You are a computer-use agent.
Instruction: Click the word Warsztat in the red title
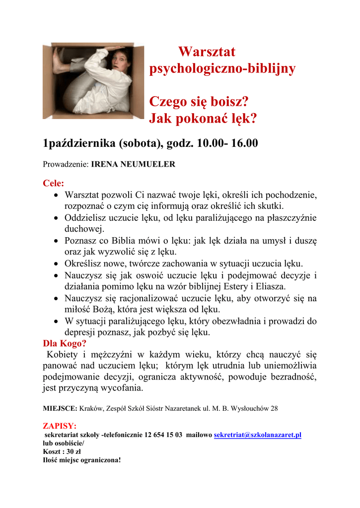click(x=207, y=52)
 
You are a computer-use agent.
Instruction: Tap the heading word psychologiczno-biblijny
click(x=222, y=68)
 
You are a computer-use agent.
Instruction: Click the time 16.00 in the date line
click(x=244, y=144)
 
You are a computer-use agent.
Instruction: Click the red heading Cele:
click(x=54, y=183)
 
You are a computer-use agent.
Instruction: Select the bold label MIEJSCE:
click(x=60, y=409)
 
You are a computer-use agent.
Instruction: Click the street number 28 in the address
click(x=273, y=409)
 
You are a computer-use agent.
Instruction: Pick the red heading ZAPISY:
click(x=60, y=426)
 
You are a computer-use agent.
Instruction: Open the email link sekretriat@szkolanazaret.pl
click(x=258, y=435)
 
